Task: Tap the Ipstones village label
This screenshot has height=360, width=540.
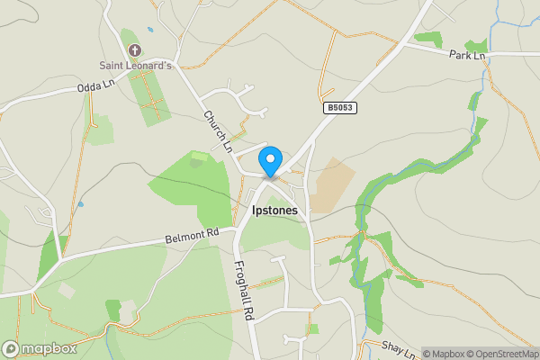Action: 275,210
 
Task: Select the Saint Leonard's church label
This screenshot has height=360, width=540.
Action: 136,65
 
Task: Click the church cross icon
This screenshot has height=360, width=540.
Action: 136,49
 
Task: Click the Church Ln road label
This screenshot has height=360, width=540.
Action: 218,130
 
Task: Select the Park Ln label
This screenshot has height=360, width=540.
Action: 468,56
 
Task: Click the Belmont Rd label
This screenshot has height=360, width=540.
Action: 193,237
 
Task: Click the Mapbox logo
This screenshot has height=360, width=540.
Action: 39,348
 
